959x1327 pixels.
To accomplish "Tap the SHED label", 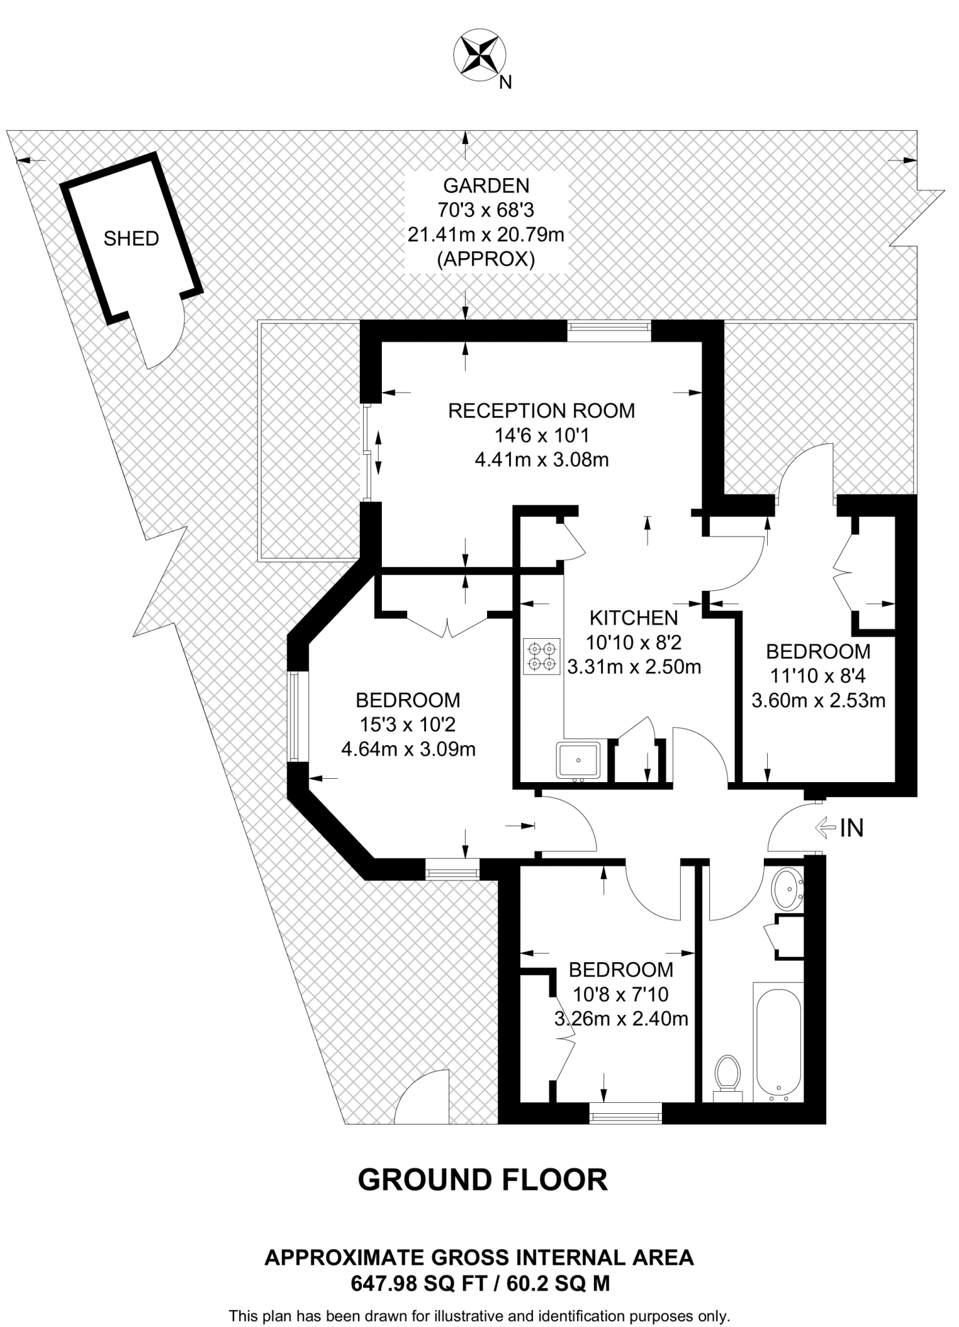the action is tap(131, 238).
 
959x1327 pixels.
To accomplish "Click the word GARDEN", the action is tap(486, 185).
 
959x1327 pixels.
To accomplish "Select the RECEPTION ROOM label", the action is tap(541, 411).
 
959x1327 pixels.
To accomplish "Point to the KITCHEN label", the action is tap(633, 617).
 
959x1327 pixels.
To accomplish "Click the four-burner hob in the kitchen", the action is tap(541, 656).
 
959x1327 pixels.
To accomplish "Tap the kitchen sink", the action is tap(578, 760).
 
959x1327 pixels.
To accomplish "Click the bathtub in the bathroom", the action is tap(777, 1042).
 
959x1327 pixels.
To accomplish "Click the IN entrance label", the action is tap(851, 827).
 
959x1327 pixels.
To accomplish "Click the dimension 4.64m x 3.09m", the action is tap(408, 750).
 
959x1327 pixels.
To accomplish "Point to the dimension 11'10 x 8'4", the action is tap(818, 676).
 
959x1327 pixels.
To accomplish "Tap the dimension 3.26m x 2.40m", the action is tap(621, 1019).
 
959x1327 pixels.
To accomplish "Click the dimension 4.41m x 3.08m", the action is tap(541, 461).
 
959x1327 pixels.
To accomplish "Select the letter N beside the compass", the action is tap(506, 82).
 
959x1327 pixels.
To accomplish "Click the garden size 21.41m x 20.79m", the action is tap(486, 235).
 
